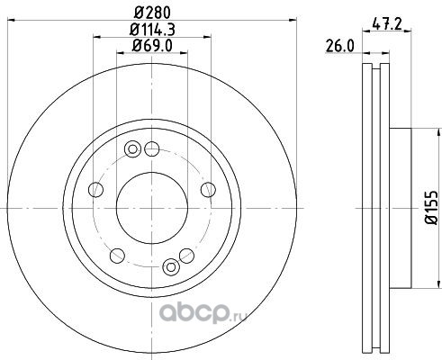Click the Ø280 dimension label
[152, 13]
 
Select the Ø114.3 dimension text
[152, 30]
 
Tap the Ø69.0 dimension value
[152, 46]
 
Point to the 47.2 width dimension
[386, 23]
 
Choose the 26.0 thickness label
[339, 47]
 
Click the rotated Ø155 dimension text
[431, 208]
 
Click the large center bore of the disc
[152, 208]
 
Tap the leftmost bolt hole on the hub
[96, 190]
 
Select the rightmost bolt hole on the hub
[208, 190]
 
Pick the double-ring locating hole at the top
[132, 149]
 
